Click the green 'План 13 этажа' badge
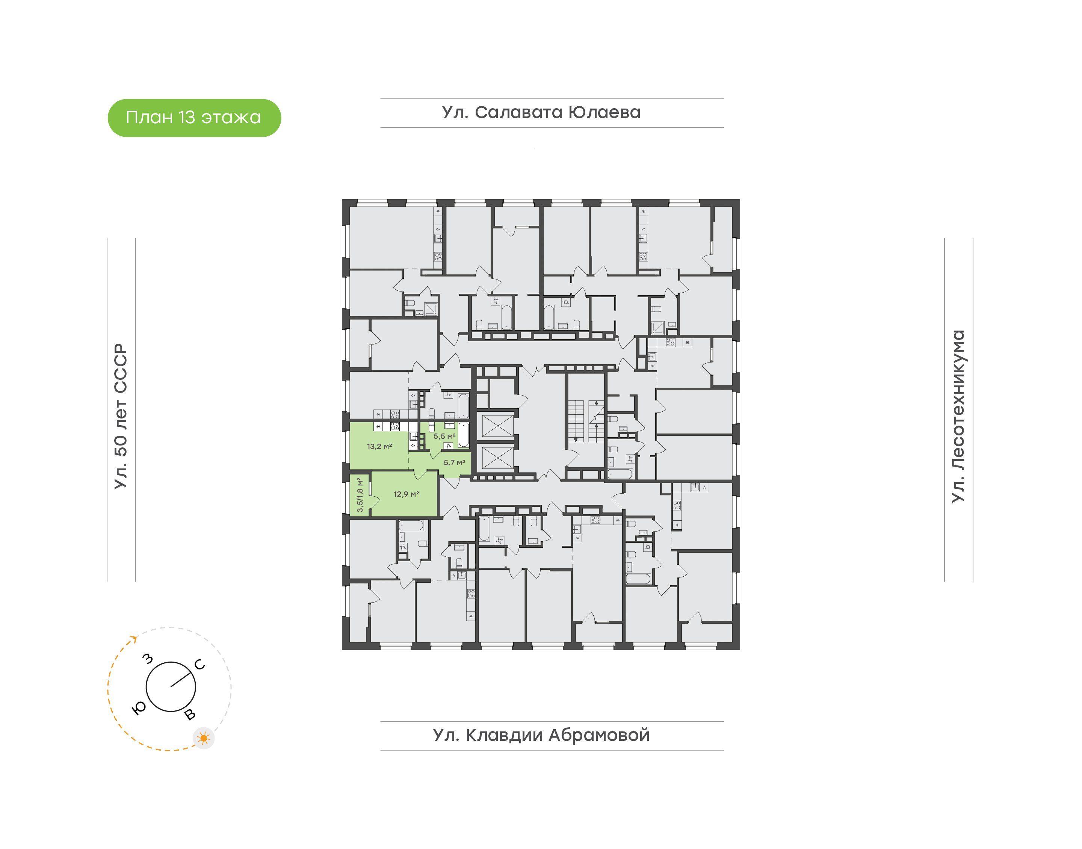(x=194, y=118)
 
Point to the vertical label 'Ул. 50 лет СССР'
(x=121, y=417)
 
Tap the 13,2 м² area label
(x=379, y=446)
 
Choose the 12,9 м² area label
(x=406, y=494)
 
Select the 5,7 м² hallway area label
(x=454, y=463)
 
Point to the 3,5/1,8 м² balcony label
(x=360, y=495)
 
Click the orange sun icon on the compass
(x=203, y=738)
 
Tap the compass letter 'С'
(x=200, y=665)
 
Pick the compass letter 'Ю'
(x=139, y=709)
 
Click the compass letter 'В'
(x=190, y=715)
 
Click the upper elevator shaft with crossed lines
(x=497, y=426)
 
